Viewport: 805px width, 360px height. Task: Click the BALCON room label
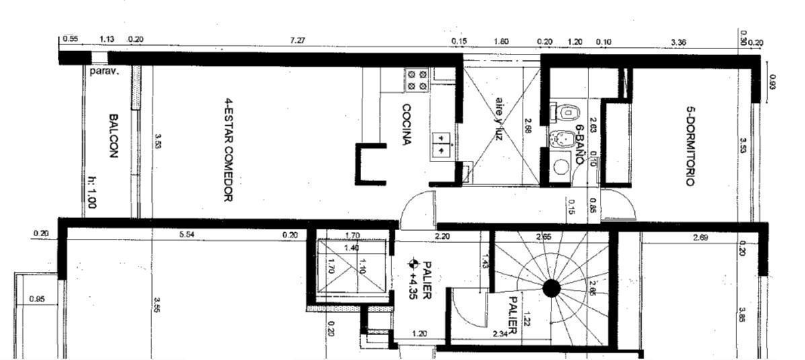(x=112, y=135)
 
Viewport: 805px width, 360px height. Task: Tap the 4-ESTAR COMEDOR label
(x=228, y=151)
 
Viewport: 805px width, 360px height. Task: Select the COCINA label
(x=407, y=124)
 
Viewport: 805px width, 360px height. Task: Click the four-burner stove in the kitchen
(x=417, y=81)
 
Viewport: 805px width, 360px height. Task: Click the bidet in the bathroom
(x=560, y=139)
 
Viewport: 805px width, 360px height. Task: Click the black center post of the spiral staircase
(x=551, y=289)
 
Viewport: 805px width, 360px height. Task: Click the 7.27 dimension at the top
(x=297, y=41)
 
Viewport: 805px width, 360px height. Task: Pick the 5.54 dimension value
(x=188, y=235)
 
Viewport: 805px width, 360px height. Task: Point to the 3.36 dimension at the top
(x=679, y=42)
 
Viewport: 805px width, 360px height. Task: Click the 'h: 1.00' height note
(x=91, y=192)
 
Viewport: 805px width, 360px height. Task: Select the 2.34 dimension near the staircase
(x=500, y=334)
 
